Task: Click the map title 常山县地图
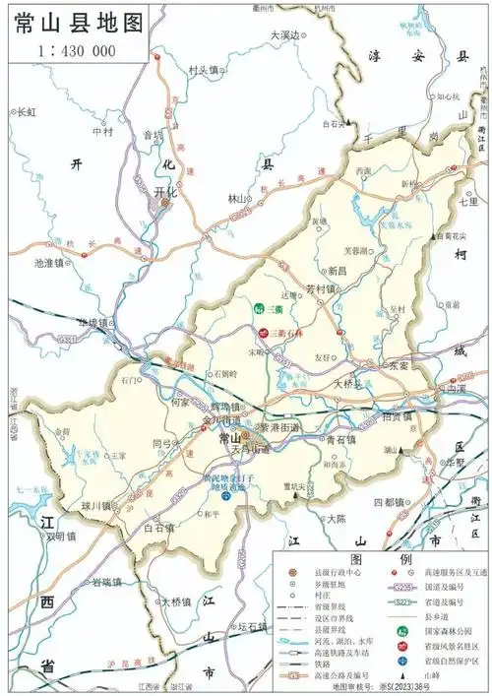point(74,24)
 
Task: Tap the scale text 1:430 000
point(75,49)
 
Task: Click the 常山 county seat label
point(229,438)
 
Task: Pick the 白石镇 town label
point(157,528)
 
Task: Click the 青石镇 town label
point(342,440)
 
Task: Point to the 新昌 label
point(338,270)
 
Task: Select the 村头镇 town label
point(205,70)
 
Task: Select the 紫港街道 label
point(278,427)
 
